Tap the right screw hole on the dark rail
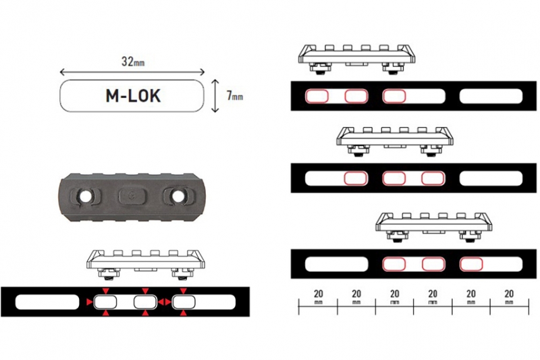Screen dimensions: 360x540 (178, 197)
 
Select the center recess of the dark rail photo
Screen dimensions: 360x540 (132, 197)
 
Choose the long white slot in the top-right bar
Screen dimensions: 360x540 (490, 96)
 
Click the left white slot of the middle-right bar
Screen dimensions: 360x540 (323, 178)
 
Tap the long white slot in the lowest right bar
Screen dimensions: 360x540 (332, 262)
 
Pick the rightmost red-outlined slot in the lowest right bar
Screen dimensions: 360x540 (470, 262)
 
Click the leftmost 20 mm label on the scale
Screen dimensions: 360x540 (317, 298)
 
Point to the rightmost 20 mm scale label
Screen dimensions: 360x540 (510, 298)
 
